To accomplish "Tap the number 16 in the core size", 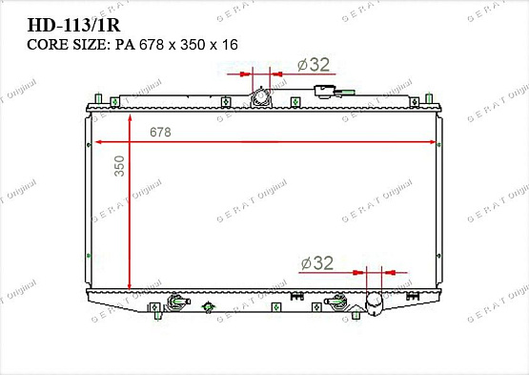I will click(229, 44).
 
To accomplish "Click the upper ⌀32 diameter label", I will click(313, 65).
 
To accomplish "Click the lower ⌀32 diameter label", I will click(316, 263).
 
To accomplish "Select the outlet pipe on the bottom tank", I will click(375, 304).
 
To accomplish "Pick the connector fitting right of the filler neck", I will click(328, 93).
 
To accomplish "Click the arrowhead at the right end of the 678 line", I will click(434, 141).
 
